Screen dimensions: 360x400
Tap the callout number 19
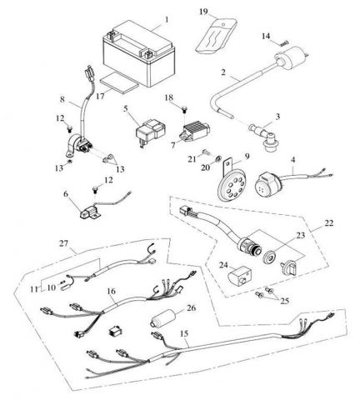(203, 12)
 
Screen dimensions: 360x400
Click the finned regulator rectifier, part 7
(193, 132)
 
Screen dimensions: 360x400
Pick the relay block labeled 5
(151, 132)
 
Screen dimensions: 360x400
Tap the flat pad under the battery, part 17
(119, 84)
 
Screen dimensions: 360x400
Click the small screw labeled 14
(284, 43)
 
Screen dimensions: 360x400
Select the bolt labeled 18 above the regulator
(184, 109)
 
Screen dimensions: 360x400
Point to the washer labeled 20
(218, 159)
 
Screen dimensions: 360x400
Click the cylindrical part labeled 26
(163, 319)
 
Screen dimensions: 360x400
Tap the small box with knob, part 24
(239, 275)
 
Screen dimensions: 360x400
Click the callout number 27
(63, 243)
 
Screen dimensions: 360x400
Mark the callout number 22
(328, 223)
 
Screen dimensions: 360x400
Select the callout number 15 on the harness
(184, 333)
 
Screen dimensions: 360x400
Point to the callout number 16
(112, 291)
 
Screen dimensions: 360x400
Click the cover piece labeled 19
(216, 36)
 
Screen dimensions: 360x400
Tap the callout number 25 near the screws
(285, 301)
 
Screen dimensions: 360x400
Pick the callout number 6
(66, 193)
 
